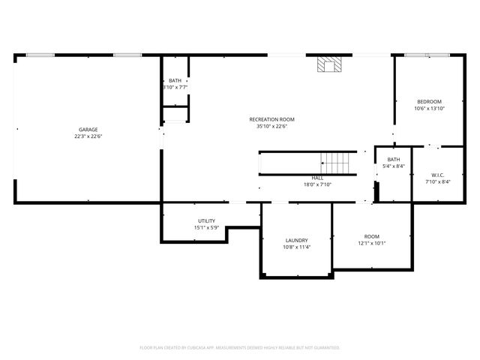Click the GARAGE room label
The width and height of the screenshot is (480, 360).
[88, 130]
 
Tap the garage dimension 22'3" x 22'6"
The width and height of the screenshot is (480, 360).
[88, 136]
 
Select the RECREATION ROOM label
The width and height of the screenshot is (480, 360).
[272, 119]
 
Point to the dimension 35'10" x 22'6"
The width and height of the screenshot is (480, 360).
[272, 126]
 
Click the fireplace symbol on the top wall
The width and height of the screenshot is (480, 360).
[327, 64]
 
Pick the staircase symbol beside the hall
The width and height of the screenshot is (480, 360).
[336, 161]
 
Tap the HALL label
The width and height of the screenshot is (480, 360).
[317, 178]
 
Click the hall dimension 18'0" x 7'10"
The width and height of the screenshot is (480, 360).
[317, 184]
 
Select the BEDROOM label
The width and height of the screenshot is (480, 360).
[430, 102]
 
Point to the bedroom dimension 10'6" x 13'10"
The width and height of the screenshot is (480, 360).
[430, 109]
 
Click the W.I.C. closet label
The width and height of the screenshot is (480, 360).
[438, 175]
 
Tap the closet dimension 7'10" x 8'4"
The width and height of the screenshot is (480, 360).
[438, 181]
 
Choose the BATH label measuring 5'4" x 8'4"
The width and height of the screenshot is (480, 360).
[394, 160]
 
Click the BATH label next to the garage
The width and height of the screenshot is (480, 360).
[175, 81]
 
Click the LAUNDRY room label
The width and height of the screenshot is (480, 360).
[296, 240]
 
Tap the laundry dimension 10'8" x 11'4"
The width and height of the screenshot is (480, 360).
[296, 247]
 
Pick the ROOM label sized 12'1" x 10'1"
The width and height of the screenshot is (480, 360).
[372, 236]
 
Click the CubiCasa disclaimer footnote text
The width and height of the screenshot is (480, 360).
[240, 347]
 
